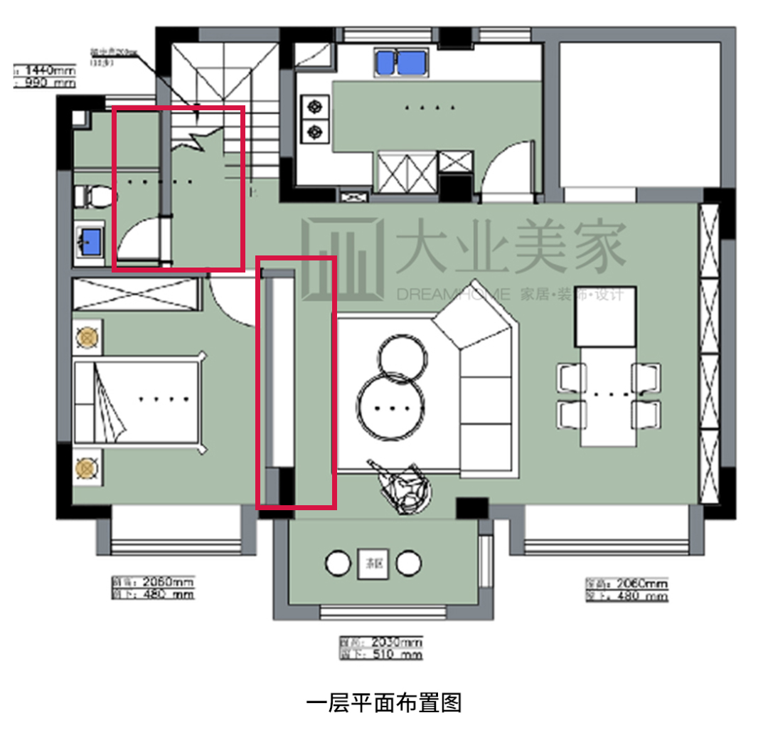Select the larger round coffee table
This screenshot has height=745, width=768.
390,408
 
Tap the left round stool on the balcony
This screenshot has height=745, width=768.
338,564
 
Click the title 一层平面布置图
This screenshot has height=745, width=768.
384,703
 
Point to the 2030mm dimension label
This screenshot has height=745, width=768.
380,643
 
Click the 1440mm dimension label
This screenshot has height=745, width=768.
46,70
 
